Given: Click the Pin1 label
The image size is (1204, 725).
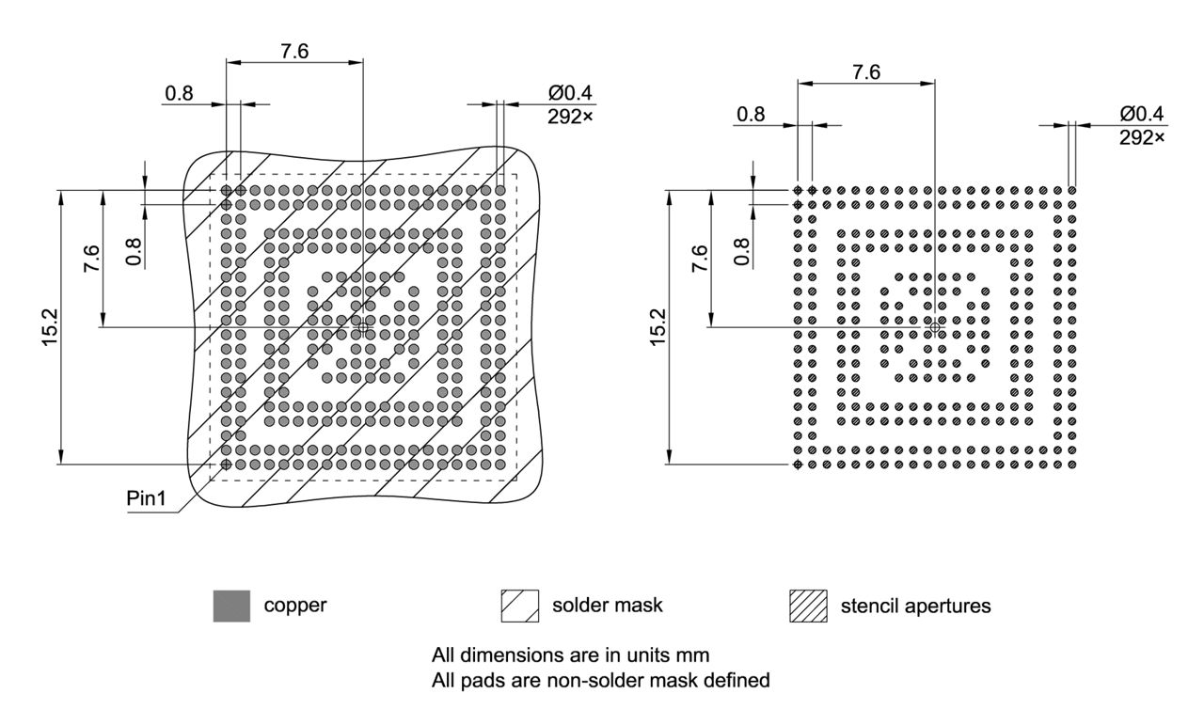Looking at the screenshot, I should click(146, 499).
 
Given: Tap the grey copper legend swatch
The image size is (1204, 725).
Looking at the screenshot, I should click(231, 606).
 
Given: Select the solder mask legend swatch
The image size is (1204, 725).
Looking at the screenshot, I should click(520, 606).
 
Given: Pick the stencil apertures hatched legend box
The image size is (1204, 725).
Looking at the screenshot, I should click(808, 606).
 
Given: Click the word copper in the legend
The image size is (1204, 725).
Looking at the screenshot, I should click(294, 606).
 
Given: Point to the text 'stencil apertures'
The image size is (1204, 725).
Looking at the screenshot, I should click(914, 606).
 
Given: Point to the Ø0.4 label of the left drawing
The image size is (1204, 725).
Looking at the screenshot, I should click(571, 94).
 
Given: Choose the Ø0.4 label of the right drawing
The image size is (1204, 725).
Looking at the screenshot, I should click(1141, 114).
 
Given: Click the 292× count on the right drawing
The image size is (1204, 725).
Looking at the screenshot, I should click(1141, 137).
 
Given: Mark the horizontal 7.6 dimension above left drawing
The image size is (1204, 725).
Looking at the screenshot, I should click(294, 51).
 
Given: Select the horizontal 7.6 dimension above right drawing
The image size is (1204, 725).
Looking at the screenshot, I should click(865, 71).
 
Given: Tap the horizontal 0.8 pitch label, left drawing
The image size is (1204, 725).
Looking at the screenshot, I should click(179, 93).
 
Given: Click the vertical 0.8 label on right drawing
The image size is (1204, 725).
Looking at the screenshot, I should click(742, 251).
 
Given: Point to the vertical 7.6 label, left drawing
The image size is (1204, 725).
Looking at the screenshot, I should click(90, 258).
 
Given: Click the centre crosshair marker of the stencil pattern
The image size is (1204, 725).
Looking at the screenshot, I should click(934, 326).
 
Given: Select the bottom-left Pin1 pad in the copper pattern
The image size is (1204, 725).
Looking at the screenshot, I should click(226, 464).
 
